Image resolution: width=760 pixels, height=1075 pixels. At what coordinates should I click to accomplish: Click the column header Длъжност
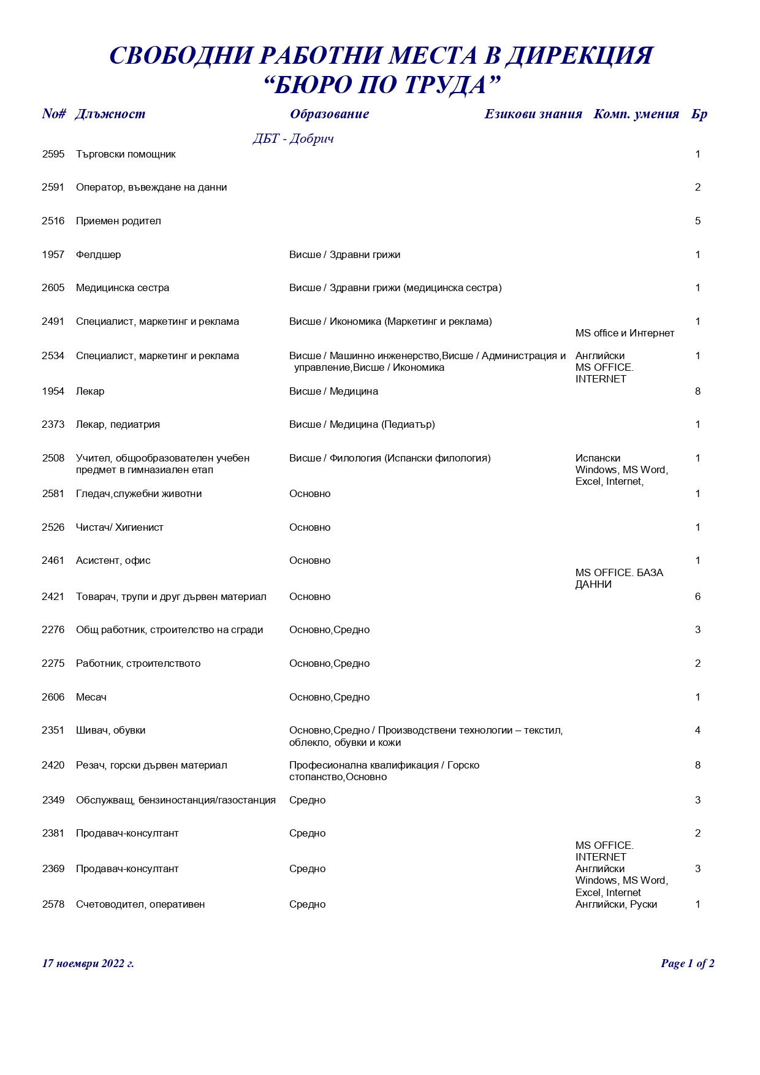click(x=110, y=114)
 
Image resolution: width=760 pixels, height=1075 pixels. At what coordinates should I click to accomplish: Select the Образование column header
click(x=329, y=114)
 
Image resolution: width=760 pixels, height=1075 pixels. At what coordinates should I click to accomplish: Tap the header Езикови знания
click(x=533, y=114)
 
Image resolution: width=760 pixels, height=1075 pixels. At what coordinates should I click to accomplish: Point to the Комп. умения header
click(x=636, y=114)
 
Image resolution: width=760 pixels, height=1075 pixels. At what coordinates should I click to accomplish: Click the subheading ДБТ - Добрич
click(x=293, y=139)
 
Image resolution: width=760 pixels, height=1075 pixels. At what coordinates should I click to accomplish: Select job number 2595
click(x=53, y=154)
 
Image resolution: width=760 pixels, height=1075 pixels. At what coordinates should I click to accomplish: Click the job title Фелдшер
click(x=99, y=255)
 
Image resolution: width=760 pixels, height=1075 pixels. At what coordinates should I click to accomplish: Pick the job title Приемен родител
click(x=118, y=221)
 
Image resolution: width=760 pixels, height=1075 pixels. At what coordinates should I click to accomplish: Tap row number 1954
click(x=53, y=392)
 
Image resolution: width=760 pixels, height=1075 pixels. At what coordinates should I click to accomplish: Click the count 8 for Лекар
click(x=697, y=392)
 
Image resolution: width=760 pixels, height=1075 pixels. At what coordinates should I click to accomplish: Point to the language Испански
click(x=598, y=458)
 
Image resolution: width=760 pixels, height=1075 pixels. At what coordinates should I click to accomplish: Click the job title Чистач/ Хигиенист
click(x=120, y=528)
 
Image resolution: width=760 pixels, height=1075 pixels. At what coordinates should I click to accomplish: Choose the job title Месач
click(x=91, y=697)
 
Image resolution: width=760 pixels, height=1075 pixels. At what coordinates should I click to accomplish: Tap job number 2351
click(x=53, y=731)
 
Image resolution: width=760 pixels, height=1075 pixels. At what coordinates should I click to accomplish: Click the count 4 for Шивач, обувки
click(x=697, y=731)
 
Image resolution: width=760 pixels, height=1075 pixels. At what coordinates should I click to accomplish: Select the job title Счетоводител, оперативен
click(x=140, y=905)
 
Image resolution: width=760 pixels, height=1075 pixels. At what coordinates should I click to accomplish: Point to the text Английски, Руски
click(x=616, y=905)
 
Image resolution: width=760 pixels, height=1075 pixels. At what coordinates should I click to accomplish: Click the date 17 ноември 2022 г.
click(x=88, y=964)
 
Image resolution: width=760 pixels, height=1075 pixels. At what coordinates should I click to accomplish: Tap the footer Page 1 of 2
click(x=687, y=964)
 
